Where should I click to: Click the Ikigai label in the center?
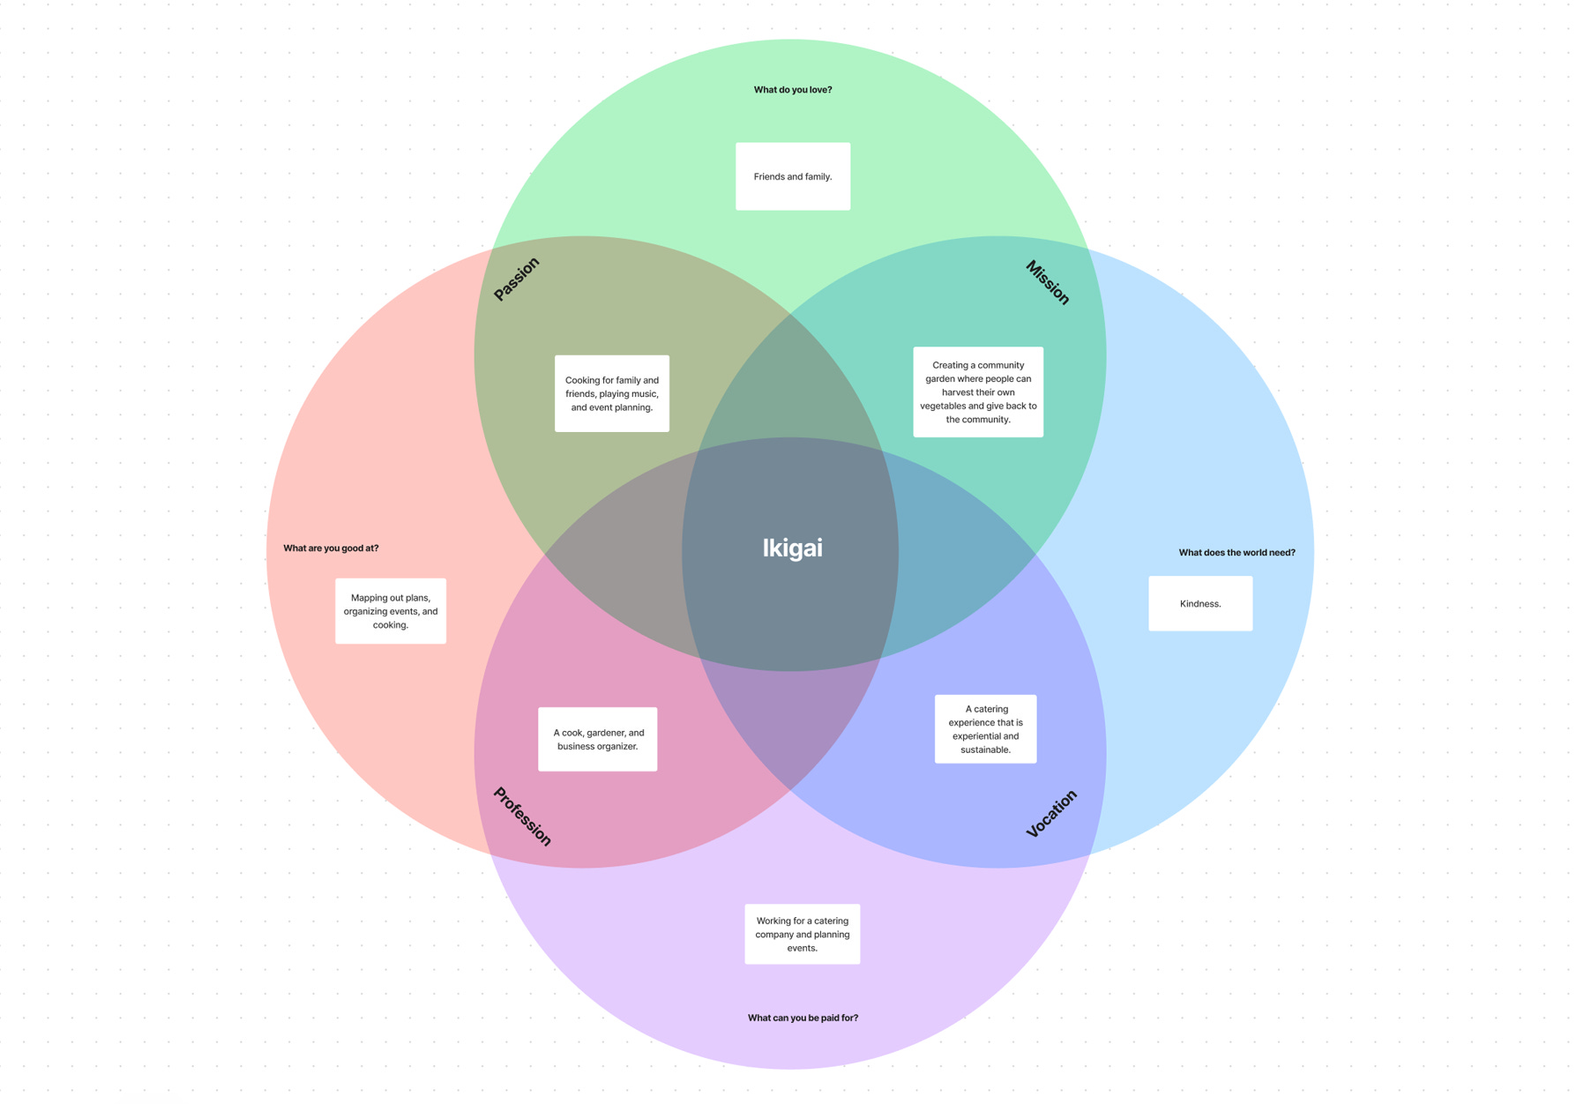pos(792,548)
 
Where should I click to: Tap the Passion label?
pos(516,279)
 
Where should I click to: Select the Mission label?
pos(1048,282)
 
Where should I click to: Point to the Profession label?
pos(522,817)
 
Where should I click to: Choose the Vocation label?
pos(1051,813)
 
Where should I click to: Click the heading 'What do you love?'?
pos(792,90)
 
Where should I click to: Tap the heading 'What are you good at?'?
pos(331,548)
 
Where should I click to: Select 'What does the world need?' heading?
pos(1237,553)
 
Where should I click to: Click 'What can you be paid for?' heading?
pos(803,1018)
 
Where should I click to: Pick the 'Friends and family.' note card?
pos(793,176)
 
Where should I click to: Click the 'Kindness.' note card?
pos(1200,604)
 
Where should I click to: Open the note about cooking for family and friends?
pos(612,393)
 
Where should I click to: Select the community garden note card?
pos(978,392)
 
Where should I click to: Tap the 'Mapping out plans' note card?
pos(391,611)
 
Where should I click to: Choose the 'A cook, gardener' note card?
pos(598,739)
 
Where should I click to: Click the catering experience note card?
pos(985,729)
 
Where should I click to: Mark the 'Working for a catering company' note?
pos(803,934)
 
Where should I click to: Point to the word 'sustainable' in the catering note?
pos(985,750)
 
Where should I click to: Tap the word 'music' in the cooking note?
pos(644,394)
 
